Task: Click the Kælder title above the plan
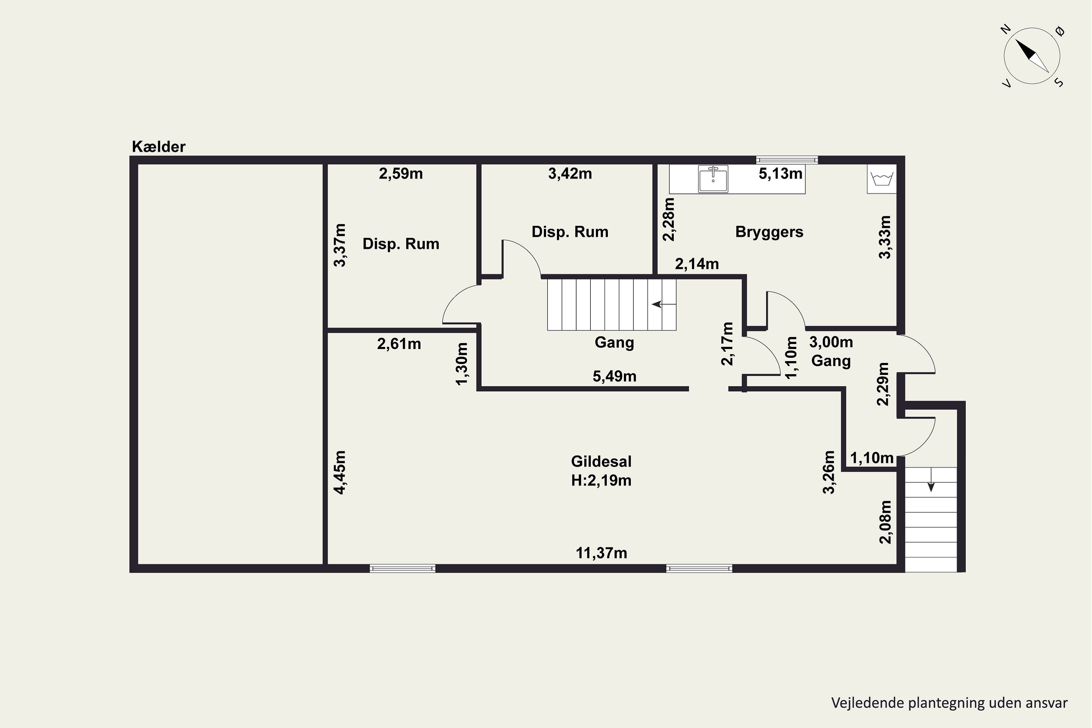point(159,147)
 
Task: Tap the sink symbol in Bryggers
point(713,178)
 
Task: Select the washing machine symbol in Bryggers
point(882,178)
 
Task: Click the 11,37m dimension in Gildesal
point(601,553)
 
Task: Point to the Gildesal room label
point(601,462)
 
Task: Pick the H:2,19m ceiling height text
point(601,480)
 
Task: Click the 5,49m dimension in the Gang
point(614,376)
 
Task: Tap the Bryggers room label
point(769,232)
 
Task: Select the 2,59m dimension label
point(401,174)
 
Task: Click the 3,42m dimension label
point(570,174)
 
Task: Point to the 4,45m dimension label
point(340,472)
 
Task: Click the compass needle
point(1032,56)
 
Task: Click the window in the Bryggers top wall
point(787,160)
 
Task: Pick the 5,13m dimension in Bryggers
point(780,174)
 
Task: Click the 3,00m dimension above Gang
point(831,342)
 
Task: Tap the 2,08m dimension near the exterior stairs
point(885,522)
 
